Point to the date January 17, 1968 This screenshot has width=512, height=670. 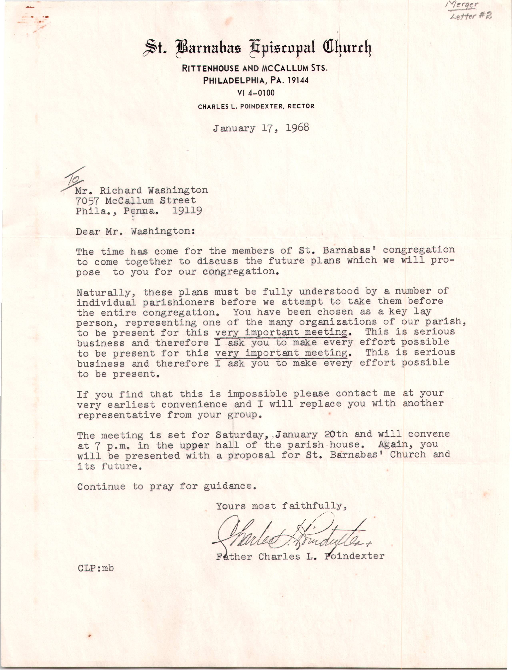(x=261, y=128)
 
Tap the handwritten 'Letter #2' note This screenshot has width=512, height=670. (x=471, y=16)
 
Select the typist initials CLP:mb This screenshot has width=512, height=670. (x=95, y=568)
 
